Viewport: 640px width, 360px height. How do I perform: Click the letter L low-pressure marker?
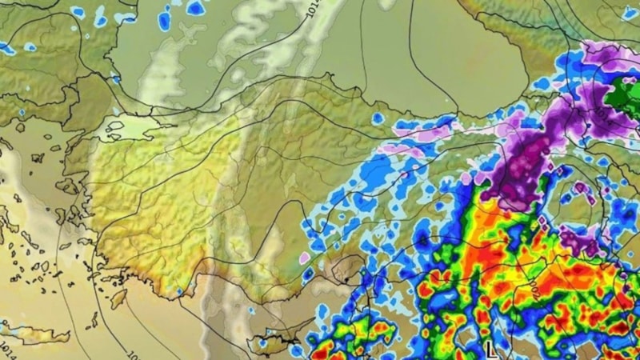tap(490, 349)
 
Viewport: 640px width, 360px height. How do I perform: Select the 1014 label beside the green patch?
tap(602, 118)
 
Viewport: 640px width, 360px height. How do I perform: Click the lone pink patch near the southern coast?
tap(305, 258)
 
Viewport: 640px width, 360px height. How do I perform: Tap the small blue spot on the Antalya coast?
tap(179, 290)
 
